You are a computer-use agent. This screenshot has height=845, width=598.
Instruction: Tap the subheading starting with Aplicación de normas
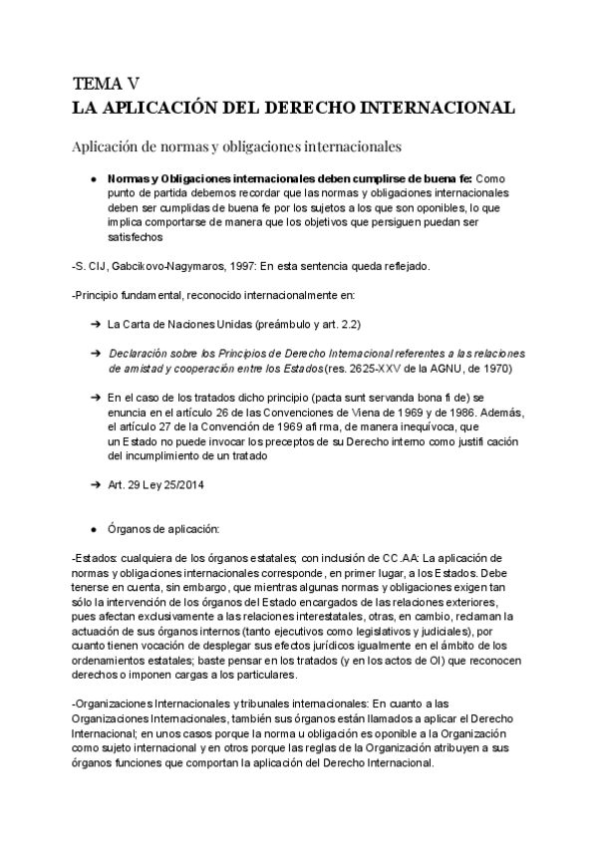tap(236, 146)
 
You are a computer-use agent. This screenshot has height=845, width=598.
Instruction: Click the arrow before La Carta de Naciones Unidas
tap(93, 324)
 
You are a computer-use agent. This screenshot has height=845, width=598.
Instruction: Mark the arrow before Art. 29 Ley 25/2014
tap(93, 483)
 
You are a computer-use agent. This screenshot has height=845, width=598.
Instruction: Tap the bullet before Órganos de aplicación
tap(93, 527)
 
